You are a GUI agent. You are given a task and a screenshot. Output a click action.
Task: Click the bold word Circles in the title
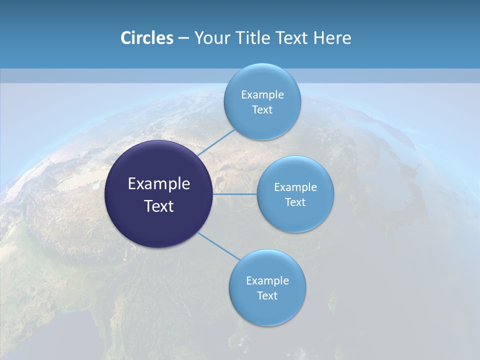(x=146, y=37)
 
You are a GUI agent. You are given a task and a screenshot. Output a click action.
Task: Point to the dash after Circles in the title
(x=183, y=38)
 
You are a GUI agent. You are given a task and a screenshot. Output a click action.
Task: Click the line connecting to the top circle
(x=216, y=142)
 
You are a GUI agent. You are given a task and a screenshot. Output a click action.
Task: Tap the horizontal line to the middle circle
(x=235, y=194)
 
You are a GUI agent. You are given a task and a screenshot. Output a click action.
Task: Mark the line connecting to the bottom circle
(x=218, y=245)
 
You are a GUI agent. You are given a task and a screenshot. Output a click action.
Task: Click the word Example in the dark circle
(x=158, y=184)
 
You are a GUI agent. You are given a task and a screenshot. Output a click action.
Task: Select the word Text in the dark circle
(x=158, y=206)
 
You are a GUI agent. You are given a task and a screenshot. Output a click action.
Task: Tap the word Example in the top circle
(x=262, y=94)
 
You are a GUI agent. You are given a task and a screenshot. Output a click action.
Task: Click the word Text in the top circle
(x=262, y=109)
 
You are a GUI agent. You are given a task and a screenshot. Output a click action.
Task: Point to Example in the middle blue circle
(x=295, y=187)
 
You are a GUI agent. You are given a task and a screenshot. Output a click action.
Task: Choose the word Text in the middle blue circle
(x=295, y=202)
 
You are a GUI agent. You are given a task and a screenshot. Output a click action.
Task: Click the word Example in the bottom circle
(x=267, y=280)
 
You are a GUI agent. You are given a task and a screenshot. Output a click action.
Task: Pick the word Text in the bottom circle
(x=267, y=295)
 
